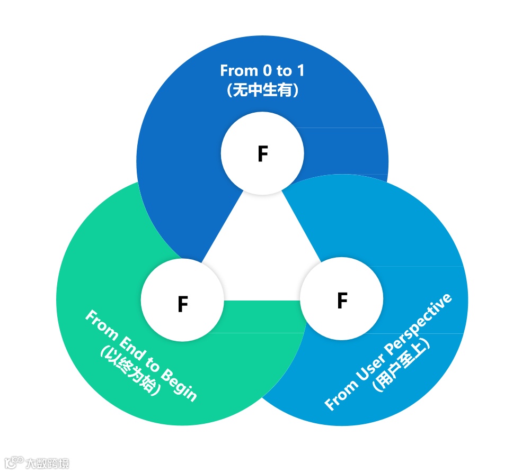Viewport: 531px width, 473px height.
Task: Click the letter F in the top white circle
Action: pyautogui.click(x=262, y=154)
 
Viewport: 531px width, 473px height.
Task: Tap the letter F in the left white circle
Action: pyautogui.click(x=183, y=304)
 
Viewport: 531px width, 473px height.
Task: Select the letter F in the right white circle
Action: pyautogui.click(x=342, y=301)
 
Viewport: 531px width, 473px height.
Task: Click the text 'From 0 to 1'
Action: pyautogui.click(x=262, y=70)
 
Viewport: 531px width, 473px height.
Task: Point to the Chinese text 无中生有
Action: pyautogui.click(x=262, y=90)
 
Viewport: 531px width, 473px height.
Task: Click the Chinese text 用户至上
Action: pyautogui.click(x=401, y=365)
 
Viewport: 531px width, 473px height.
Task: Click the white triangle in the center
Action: pyautogui.click(x=262, y=249)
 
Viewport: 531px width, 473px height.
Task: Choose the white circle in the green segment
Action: pyautogui.click(x=183, y=301)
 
